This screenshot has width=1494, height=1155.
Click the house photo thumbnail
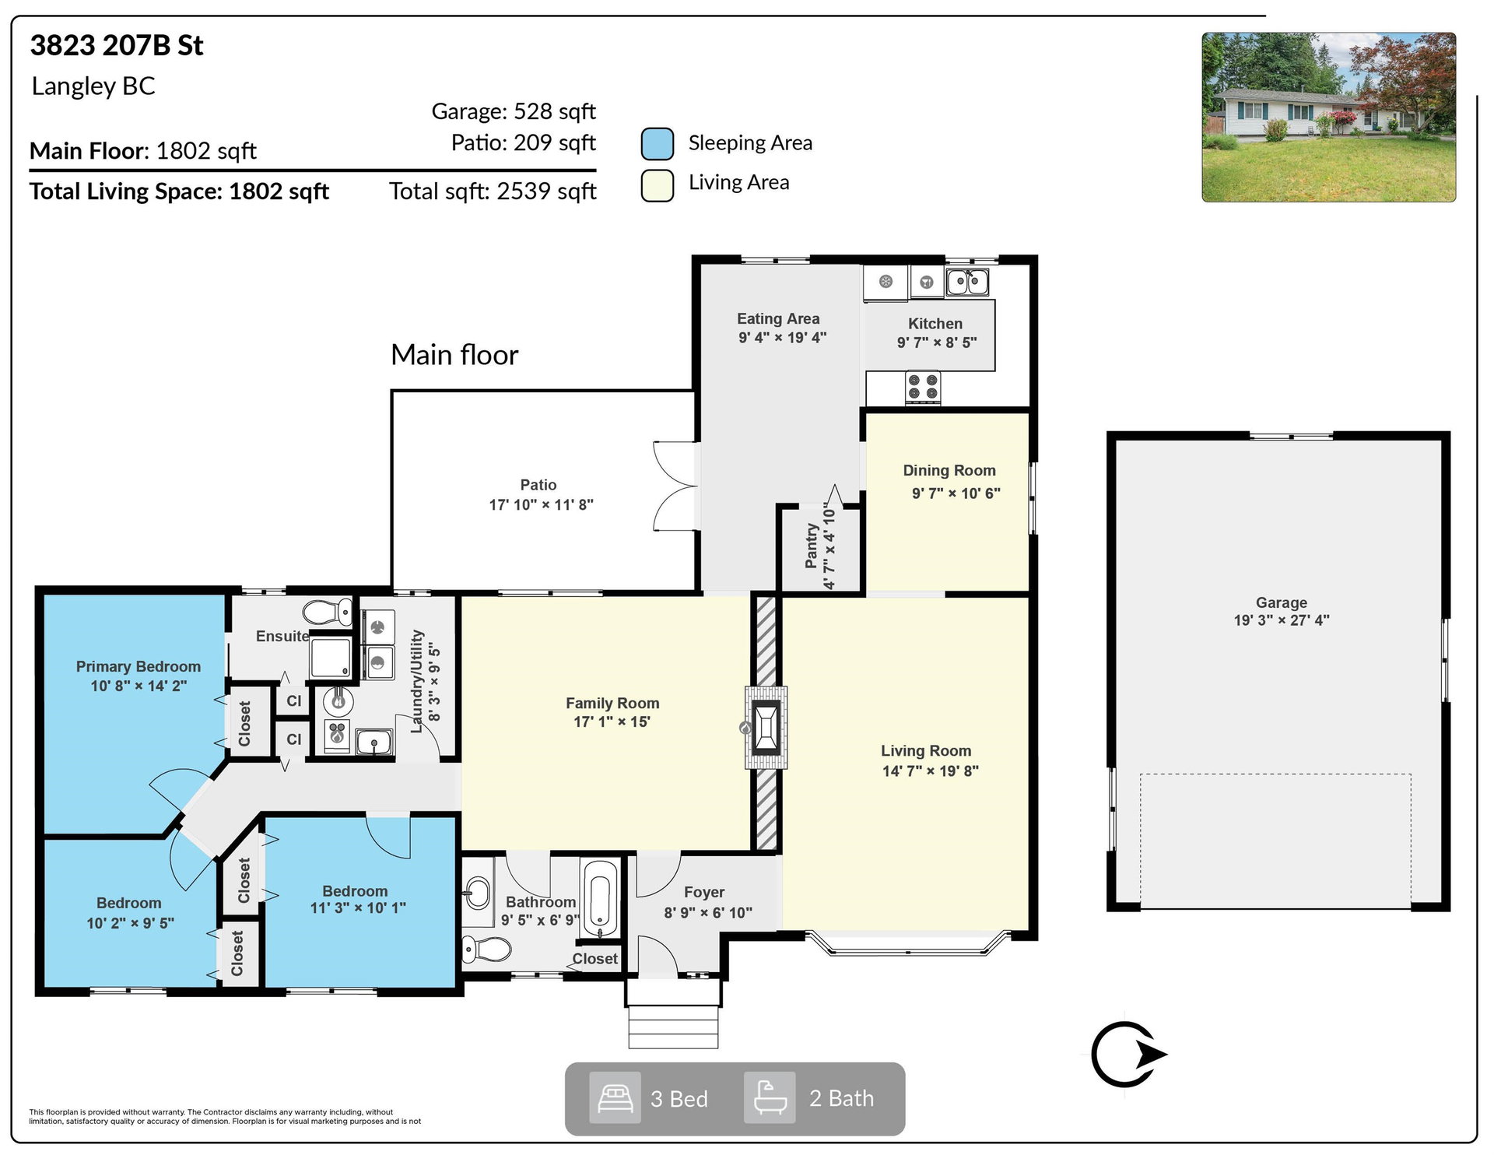(x=1328, y=118)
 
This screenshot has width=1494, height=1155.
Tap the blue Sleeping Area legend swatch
(x=658, y=144)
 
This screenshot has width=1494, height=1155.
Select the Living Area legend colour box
(x=658, y=186)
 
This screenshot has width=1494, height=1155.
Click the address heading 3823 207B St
(x=117, y=45)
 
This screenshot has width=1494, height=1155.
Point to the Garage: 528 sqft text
(x=514, y=111)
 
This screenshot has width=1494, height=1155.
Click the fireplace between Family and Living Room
(x=766, y=728)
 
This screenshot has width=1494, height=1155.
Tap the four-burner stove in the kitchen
(x=923, y=387)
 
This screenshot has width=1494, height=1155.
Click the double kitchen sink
(x=967, y=281)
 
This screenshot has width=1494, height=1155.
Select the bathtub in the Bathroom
(x=599, y=900)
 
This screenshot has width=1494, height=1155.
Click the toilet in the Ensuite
(x=327, y=612)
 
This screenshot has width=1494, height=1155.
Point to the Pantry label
(x=812, y=546)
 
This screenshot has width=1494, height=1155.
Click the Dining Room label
(x=949, y=470)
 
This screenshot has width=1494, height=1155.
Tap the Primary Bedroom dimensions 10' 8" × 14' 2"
(x=139, y=686)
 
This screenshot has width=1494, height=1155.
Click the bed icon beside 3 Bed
(x=615, y=1097)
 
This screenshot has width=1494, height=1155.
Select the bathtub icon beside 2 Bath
(x=770, y=1097)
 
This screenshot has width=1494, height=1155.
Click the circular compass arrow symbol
(x=1128, y=1055)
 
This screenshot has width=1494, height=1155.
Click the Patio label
(x=538, y=485)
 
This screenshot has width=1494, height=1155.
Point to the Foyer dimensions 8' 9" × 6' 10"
(x=708, y=912)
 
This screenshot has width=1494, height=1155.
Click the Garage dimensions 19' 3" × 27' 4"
(x=1282, y=620)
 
